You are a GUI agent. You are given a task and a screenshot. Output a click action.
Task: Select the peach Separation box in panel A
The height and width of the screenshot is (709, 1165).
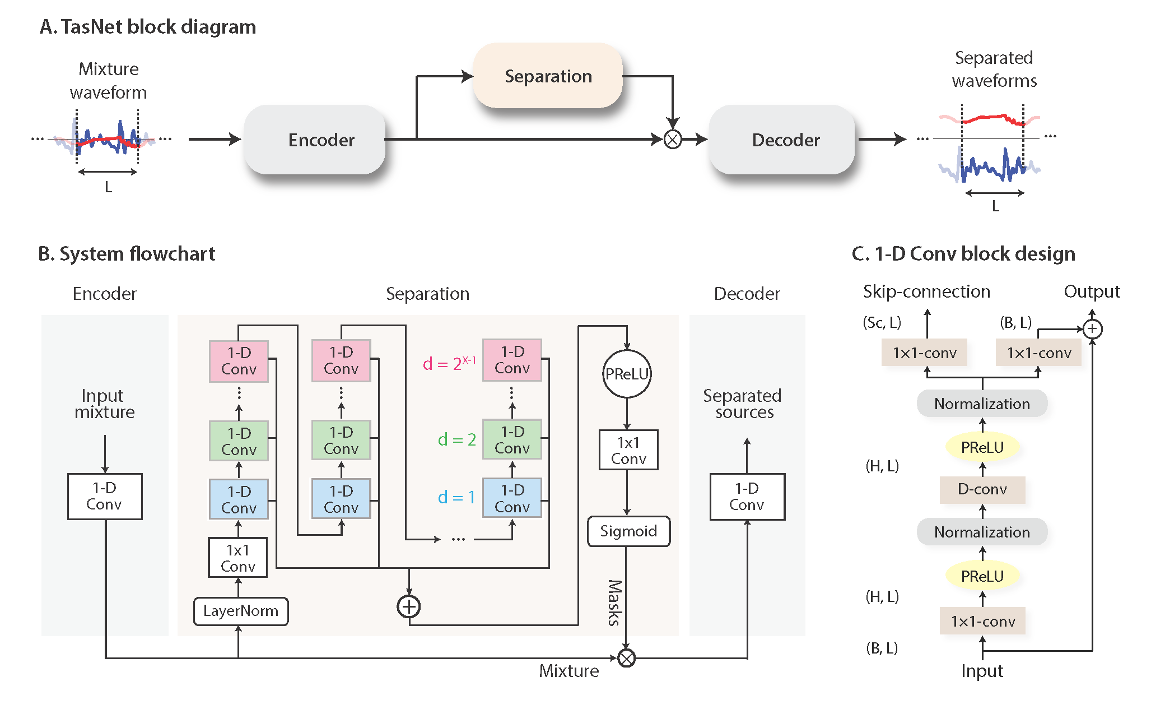click(x=548, y=76)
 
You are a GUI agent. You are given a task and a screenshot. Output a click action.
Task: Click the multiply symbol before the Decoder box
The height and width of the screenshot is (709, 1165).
click(x=672, y=139)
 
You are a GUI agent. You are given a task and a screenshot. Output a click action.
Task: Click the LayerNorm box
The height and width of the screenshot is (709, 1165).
click(x=241, y=611)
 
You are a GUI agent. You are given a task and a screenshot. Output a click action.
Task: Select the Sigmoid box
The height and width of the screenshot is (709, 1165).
click(x=628, y=531)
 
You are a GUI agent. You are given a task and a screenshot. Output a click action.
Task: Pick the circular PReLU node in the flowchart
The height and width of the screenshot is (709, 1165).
click(x=627, y=374)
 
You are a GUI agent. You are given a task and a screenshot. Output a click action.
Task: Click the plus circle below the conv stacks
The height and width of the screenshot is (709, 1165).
click(x=409, y=606)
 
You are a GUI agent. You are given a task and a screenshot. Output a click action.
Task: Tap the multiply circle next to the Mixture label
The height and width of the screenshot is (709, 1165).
click(x=626, y=658)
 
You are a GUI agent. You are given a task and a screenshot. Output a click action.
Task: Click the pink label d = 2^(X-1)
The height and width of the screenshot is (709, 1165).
click(x=449, y=363)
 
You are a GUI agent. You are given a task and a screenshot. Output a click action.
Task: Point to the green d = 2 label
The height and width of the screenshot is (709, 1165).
click(x=456, y=439)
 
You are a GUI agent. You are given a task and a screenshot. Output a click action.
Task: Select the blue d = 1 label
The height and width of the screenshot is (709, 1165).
click(x=456, y=497)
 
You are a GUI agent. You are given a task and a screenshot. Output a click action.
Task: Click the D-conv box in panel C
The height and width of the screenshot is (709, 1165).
click(x=982, y=489)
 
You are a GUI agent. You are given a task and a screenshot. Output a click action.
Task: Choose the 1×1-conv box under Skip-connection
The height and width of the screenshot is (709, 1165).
click(x=924, y=353)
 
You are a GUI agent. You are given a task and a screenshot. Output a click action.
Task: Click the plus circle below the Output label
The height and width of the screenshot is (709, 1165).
click(x=1092, y=329)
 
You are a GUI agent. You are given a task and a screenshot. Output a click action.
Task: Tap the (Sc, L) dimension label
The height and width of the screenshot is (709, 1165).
click(x=882, y=323)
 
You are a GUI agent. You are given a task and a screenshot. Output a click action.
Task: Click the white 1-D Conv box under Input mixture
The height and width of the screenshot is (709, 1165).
click(x=105, y=497)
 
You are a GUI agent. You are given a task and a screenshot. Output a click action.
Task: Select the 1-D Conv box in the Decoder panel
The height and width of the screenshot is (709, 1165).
click(x=747, y=497)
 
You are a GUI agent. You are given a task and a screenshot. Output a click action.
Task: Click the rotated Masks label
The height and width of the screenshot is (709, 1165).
click(x=614, y=603)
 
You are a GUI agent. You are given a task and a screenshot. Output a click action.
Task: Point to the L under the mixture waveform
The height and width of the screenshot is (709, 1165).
click(x=108, y=187)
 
